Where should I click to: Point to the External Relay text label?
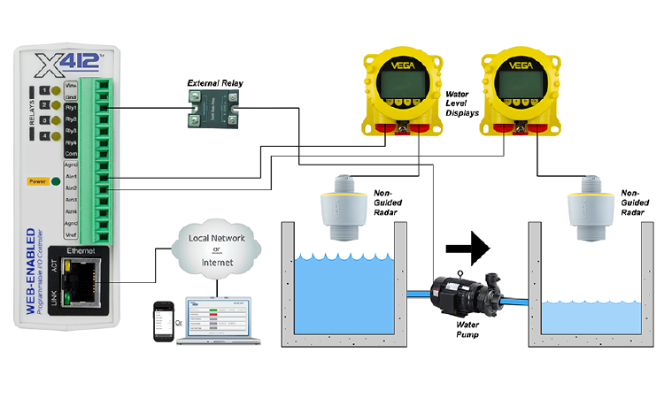[214, 83]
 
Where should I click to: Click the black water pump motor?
[460, 295]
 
